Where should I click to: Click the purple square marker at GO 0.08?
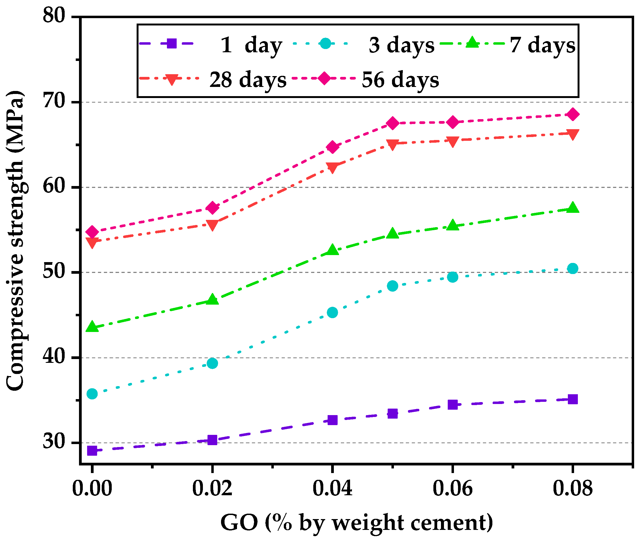tap(572, 399)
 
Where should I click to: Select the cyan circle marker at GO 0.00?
tap(92, 394)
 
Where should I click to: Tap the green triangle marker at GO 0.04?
tap(332, 250)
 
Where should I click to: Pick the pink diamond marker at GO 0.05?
tap(392, 123)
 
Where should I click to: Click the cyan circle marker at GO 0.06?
tap(452, 277)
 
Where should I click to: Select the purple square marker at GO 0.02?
tap(212, 440)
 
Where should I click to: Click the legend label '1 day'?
tap(251, 45)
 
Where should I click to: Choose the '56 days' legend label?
tap(400, 80)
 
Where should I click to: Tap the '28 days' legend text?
tap(248, 80)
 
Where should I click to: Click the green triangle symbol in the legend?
tap(472, 43)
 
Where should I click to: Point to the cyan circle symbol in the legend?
tap(325, 44)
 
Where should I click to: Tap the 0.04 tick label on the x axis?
tap(332, 488)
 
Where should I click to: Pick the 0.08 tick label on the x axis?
tap(572, 488)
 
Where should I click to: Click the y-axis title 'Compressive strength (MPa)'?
tap(15, 241)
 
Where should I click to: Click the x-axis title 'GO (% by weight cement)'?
tap(357, 522)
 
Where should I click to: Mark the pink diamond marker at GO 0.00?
tap(92, 232)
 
